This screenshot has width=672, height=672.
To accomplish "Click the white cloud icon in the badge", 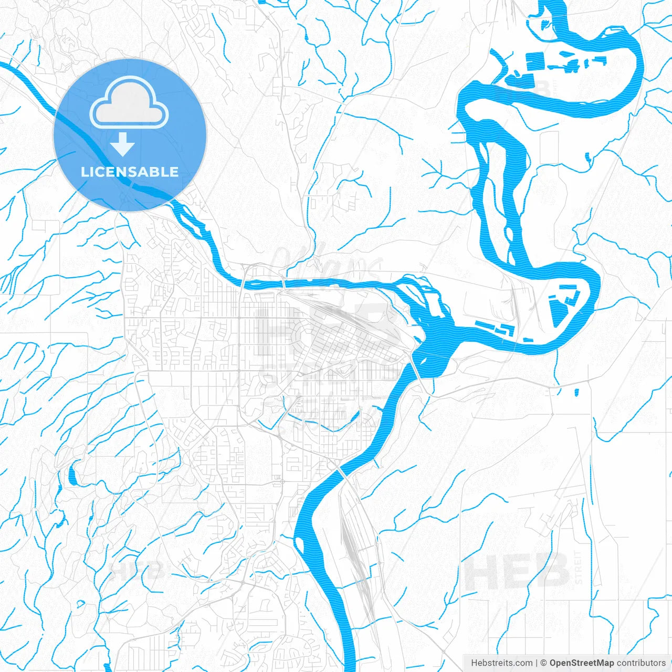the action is pos(129,102).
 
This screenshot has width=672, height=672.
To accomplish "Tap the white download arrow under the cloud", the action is pos(123,144).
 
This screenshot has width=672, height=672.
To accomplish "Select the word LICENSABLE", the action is pos(130,172).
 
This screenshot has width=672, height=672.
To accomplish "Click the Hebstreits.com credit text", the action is pos(501,663).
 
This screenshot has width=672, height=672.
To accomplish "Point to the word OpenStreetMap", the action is pos(581,663).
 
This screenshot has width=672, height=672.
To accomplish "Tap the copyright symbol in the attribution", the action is pos(543,663).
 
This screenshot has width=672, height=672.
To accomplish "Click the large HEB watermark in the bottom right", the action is pos(517,571).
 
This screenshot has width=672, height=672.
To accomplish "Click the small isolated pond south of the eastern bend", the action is pos(576,392).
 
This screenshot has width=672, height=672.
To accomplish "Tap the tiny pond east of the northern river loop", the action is pos(589,156).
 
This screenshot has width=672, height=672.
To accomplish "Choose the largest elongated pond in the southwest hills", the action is pos(72,475).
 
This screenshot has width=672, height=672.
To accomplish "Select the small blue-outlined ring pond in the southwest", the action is pos(80,604).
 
